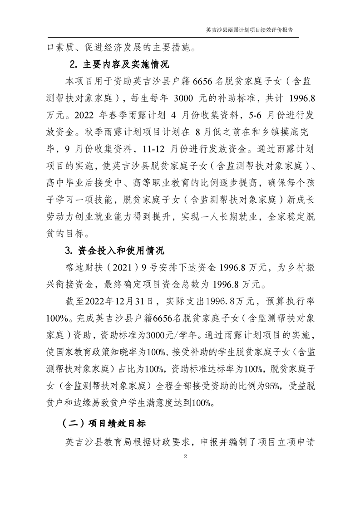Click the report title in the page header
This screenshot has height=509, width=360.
(249, 30)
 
